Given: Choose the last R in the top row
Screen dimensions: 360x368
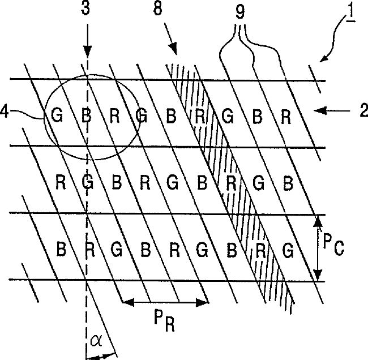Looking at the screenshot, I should tap(286, 117).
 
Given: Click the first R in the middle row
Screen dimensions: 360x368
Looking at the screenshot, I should tap(61, 182).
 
